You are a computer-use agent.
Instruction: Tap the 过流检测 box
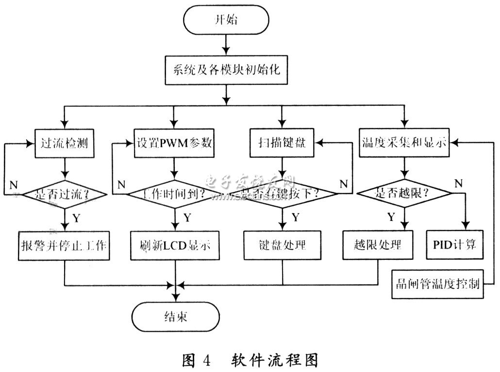click(x=64, y=143)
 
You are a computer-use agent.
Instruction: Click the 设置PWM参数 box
click(x=174, y=143)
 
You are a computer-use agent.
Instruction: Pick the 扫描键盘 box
click(x=281, y=143)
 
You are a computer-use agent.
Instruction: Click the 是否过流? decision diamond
click(x=64, y=194)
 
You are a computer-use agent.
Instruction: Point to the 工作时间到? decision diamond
click(x=174, y=194)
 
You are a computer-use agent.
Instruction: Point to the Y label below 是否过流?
click(x=76, y=218)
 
